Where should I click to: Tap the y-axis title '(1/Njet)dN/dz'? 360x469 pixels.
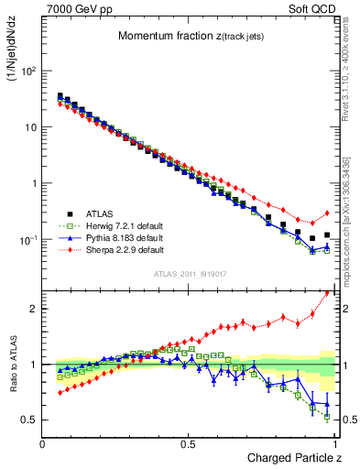pyautogui.click(x=14, y=55)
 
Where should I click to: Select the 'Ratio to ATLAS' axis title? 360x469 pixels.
pyautogui.click(x=14, y=365)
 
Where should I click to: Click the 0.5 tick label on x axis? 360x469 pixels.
pyautogui.click(x=188, y=444)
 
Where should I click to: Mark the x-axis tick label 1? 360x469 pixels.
pyautogui.click(x=334, y=444)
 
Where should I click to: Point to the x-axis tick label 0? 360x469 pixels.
pyautogui.click(x=43, y=444)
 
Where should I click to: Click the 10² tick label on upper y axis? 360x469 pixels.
pyautogui.click(x=27, y=71)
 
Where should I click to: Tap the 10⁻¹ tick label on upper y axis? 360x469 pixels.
pyautogui.click(x=27, y=240)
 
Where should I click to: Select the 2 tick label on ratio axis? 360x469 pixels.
pyautogui.click(x=34, y=309)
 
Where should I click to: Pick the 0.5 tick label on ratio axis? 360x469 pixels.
pyautogui.click(x=29, y=420)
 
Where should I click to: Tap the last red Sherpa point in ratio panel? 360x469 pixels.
pyautogui.click(x=327, y=293)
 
